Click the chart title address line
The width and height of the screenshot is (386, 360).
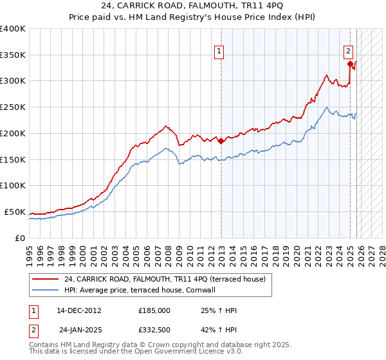tap(193, 6)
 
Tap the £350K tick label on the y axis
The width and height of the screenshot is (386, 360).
tap(13, 55)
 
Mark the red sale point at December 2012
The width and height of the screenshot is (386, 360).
tap(221, 141)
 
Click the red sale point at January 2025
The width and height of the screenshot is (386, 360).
tap(350, 64)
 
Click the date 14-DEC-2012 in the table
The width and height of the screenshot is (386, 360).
tap(78, 310)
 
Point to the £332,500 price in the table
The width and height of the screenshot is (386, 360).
tap(154, 328)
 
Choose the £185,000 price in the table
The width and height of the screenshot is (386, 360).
tap(154, 310)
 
